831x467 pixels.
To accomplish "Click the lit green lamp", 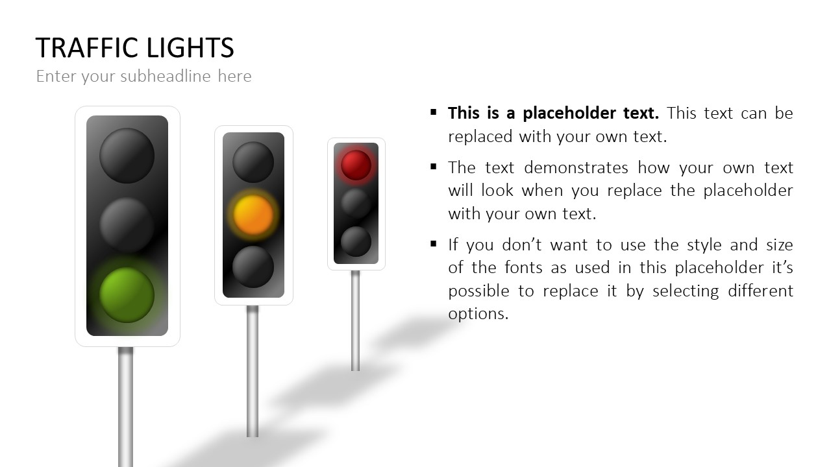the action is click(x=127, y=295).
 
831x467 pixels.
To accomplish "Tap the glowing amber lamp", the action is click(x=253, y=215).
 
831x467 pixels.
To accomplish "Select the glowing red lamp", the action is click(x=356, y=165).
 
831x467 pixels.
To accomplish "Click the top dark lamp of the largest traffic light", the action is click(x=127, y=156).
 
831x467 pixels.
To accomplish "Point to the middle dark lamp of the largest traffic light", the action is click(x=127, y=225).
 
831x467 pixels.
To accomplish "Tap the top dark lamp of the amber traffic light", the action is click(x=253, y=162).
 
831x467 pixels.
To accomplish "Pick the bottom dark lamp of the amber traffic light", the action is click(x=253, y=267).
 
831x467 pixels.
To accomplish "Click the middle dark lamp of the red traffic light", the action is click(x=356, y=204).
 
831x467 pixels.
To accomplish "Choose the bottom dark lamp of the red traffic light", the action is click(x=356, y=242).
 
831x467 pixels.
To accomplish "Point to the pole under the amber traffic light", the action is click(x=253, y=372).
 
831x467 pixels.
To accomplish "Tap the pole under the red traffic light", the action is click(x=355, y=320).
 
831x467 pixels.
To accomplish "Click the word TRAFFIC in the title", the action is click(x=87, y=48).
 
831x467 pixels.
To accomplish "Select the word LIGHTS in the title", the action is click(x=190, y=48).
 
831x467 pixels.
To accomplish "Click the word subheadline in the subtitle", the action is click(x=166, y=76).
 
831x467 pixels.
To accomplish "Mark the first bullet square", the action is click(x=433, y=112).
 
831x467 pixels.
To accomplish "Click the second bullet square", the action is click(x=433, y=167).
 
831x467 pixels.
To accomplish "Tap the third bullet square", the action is click(x=433, y=243).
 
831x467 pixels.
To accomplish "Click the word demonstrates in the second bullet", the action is click(x=576, y=167).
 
